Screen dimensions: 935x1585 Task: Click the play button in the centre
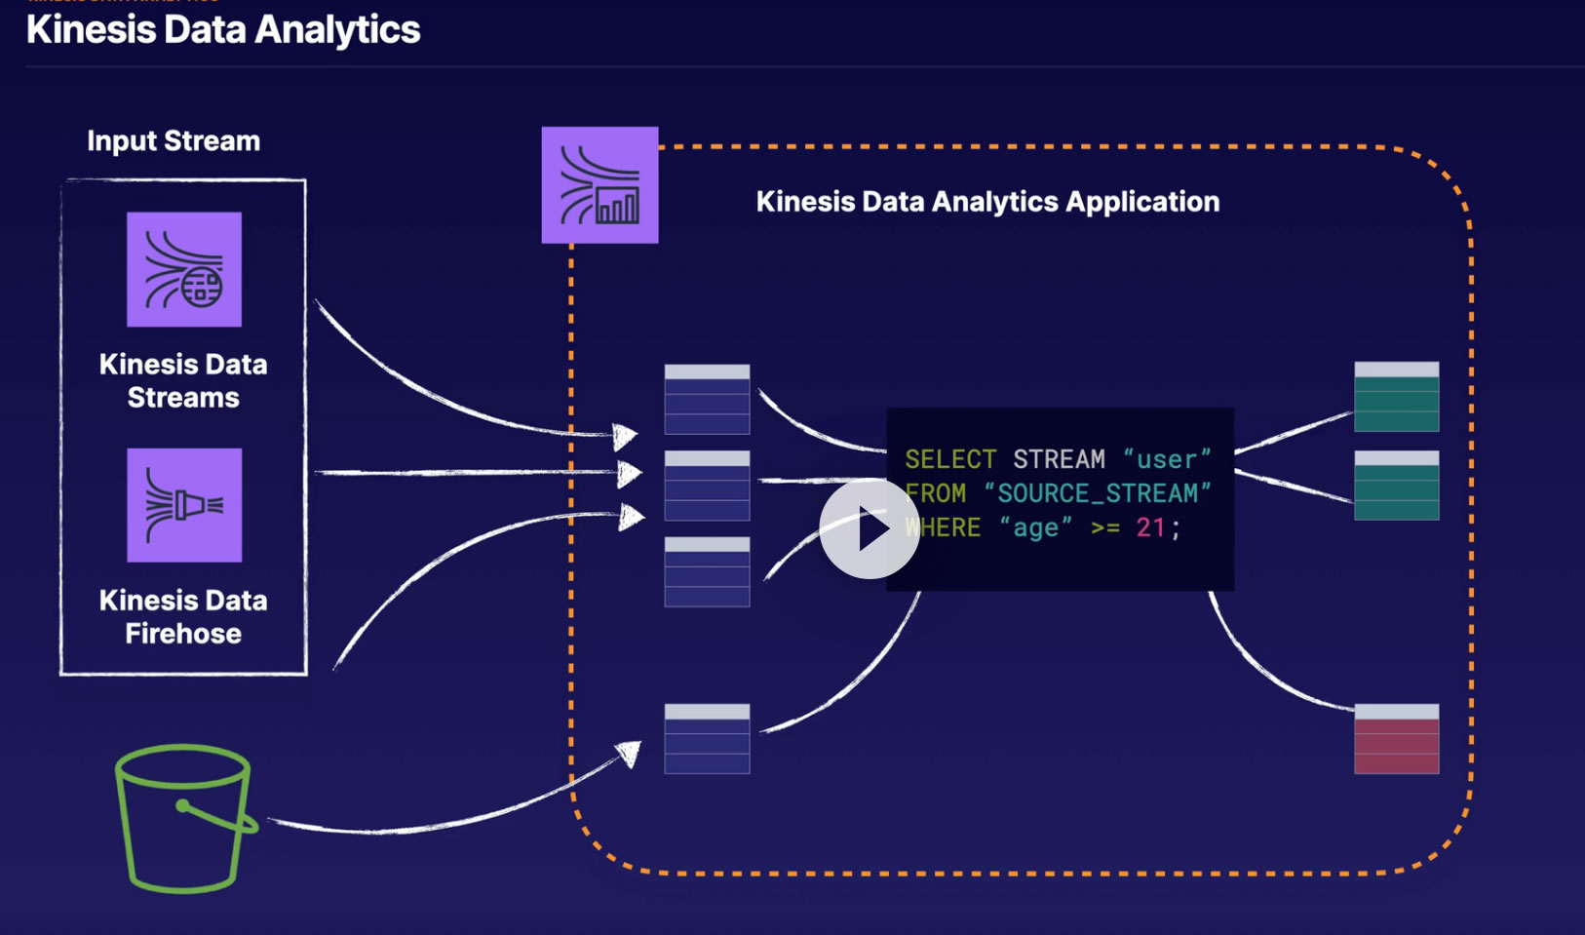(x=869, y=528)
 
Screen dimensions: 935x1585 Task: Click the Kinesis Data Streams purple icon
(x=184, y=269)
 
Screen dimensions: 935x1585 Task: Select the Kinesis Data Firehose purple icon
(x=184, y=505)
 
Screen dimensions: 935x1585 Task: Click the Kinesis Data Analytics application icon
(x=599, y=184)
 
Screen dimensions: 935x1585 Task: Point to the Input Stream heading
(x=174, y=141)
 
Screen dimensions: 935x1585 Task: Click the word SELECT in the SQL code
(x=950, y=459)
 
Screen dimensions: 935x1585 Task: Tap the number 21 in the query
(x=1150, y=527)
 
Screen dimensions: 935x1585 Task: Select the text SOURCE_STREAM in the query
(x=1097, y=493)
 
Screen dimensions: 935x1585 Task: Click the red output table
(x=1396, y=739)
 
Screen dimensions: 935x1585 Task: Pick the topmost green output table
(x=1396, y=397)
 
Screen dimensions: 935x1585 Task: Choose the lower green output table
(x=1396, y=485)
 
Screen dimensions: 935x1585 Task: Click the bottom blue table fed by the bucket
(x=707, y=739)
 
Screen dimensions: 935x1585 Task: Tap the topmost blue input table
(x=707, y=399)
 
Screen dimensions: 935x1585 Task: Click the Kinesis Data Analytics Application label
(x=987, y=202)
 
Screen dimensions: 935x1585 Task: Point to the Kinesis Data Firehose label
(x=183, y=617)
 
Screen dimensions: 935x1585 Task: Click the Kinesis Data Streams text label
(x=183, y=381)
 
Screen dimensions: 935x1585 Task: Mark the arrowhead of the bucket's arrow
(x=631, y=753)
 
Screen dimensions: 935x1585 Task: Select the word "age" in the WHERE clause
(x=1035, y=527)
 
